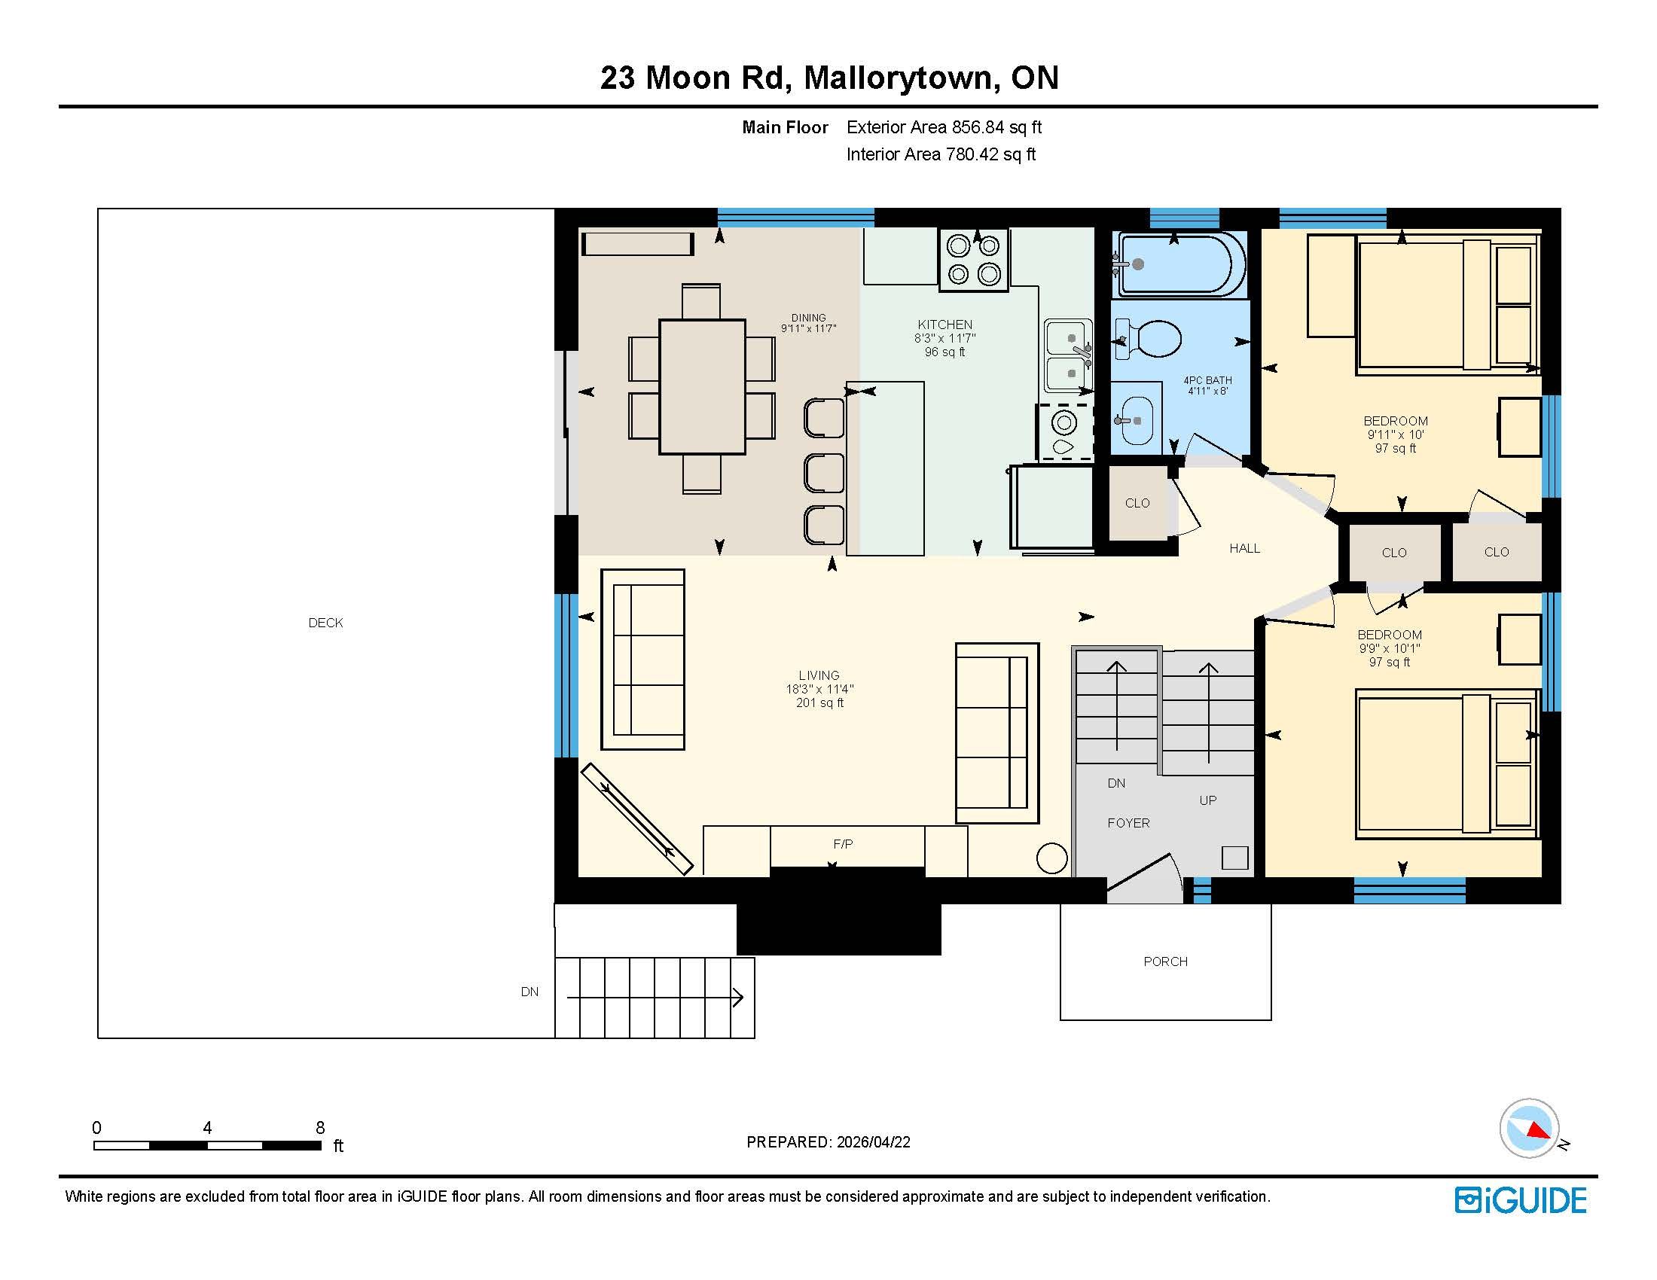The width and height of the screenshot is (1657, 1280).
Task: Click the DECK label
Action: point(325,623)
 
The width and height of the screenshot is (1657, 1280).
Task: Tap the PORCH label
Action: point(1165,962)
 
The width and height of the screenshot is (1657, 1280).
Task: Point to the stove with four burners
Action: point(974,260)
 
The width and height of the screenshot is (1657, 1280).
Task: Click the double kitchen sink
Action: point(1068,355)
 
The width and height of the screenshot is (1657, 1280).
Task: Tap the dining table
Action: point(702,387)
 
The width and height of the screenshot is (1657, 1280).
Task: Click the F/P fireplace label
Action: point(843,844)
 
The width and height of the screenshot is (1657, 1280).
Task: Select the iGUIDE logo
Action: point(1521,1200)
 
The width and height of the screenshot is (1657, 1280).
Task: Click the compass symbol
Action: point(1529,1129)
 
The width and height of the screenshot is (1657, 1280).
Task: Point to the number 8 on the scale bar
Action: point(320,1128)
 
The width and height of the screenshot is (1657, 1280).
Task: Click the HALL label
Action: point(1244,548)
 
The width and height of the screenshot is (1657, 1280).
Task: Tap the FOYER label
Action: point(1128,823)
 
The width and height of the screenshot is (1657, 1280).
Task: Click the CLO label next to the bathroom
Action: point(1137,503)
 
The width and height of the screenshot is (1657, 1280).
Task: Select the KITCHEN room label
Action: point(944,325)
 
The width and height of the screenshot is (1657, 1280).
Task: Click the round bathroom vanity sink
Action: point(1136,420)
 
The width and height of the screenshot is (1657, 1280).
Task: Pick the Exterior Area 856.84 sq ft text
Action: point(944,127)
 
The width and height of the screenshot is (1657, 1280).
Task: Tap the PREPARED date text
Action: point(828,1142)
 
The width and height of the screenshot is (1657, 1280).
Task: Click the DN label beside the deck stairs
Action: point(529,992)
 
